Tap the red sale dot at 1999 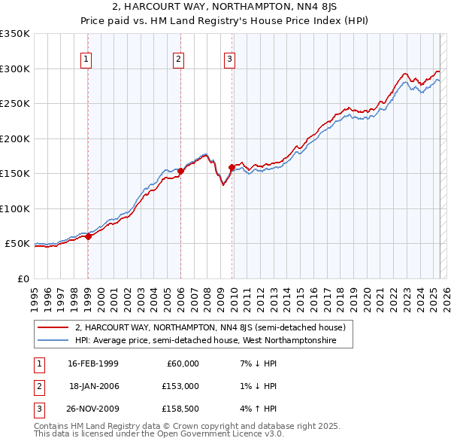[88, 236]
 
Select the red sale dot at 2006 [180, 172]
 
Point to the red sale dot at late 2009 [232, 167]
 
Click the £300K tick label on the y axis [15, 68]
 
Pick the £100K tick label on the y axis [15, 208]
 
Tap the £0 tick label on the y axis [22, 278]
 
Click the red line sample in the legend [53, 328]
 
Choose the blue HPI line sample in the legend [53, 341]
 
